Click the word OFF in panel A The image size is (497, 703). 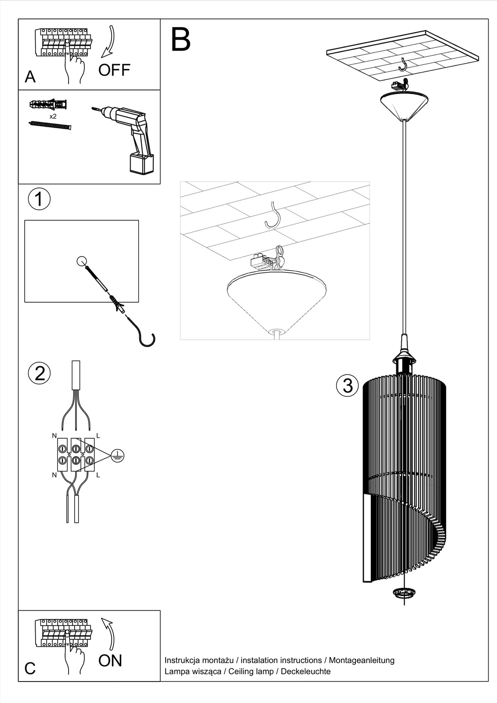tap(114, 70)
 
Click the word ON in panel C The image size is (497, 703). tap(110, 660)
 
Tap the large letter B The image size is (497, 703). tap(181, 40)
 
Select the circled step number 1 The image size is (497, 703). tap(39, 199)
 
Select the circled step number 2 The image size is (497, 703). tap(39, 373)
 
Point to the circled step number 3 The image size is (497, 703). tap(347, 385)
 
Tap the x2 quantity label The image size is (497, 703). tap(53, 116)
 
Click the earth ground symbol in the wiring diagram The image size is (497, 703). tap(117, 456)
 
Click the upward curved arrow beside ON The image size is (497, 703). tap(108, 633)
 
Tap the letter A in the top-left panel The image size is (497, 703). tap(30, 77)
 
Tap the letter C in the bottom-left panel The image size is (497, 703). tap(30, 668)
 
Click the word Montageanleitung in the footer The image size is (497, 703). tap(361, 660)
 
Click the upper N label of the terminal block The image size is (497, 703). tap(54, 436)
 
